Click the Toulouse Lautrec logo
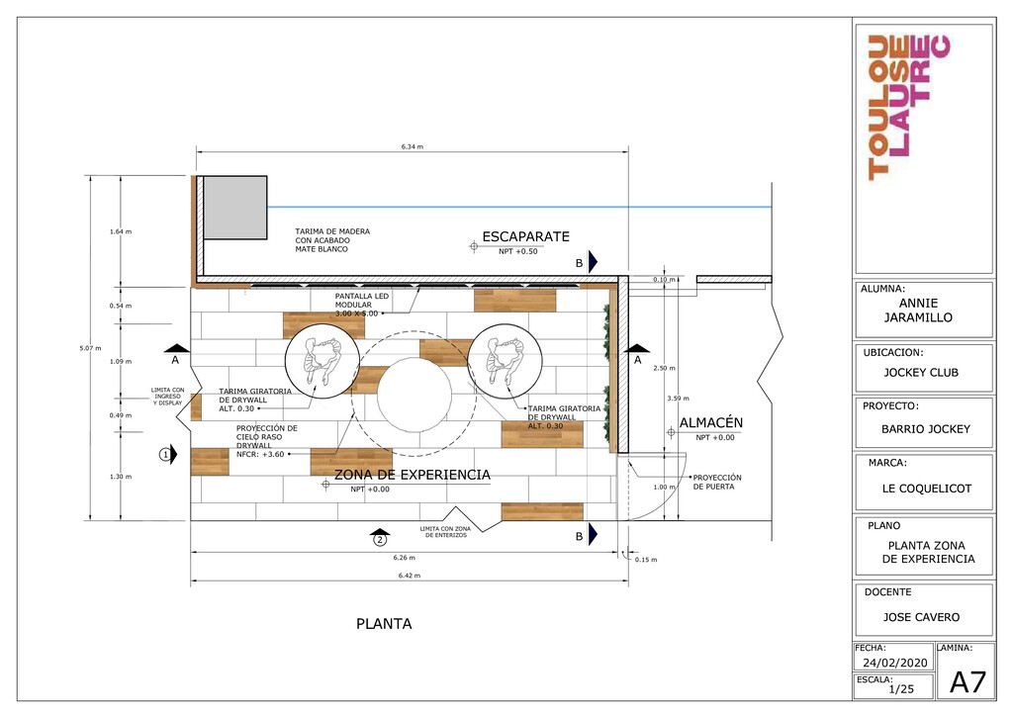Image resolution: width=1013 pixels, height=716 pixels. [x=909, y=107]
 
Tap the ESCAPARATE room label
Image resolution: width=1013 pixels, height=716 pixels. [x=526, y=237]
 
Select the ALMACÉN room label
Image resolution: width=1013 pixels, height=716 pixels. [x=710, y=423]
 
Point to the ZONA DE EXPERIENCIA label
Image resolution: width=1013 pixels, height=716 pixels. [x=413, y=475]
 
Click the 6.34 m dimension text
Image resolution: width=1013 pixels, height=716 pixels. [x=413, y=146]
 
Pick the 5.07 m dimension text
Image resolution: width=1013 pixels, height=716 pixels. [x=90, y=349]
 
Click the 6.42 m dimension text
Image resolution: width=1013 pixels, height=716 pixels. [x=410, y=576]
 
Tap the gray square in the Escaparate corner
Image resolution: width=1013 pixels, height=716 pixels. [x=235, y=208]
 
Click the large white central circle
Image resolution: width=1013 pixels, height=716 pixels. [x=414, y=395]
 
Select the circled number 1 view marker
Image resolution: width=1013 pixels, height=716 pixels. [x=166, y=455]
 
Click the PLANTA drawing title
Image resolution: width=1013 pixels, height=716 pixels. [x=385, y=624]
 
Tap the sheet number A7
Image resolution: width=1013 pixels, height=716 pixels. [x=967, y=682]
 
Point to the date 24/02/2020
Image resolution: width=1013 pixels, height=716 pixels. [x=894, y=663]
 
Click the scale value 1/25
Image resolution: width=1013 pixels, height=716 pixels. [x=901, y=689]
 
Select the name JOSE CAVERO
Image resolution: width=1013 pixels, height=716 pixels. [x=921, y=617]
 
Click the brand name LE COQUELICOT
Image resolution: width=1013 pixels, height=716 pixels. [x=926, y=489]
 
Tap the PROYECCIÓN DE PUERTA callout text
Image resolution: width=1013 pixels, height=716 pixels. [x=717, y=483]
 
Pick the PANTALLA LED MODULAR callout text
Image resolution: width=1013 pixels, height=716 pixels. [x=362, y=305]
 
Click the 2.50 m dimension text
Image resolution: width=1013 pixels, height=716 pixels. [x=664, y=368]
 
